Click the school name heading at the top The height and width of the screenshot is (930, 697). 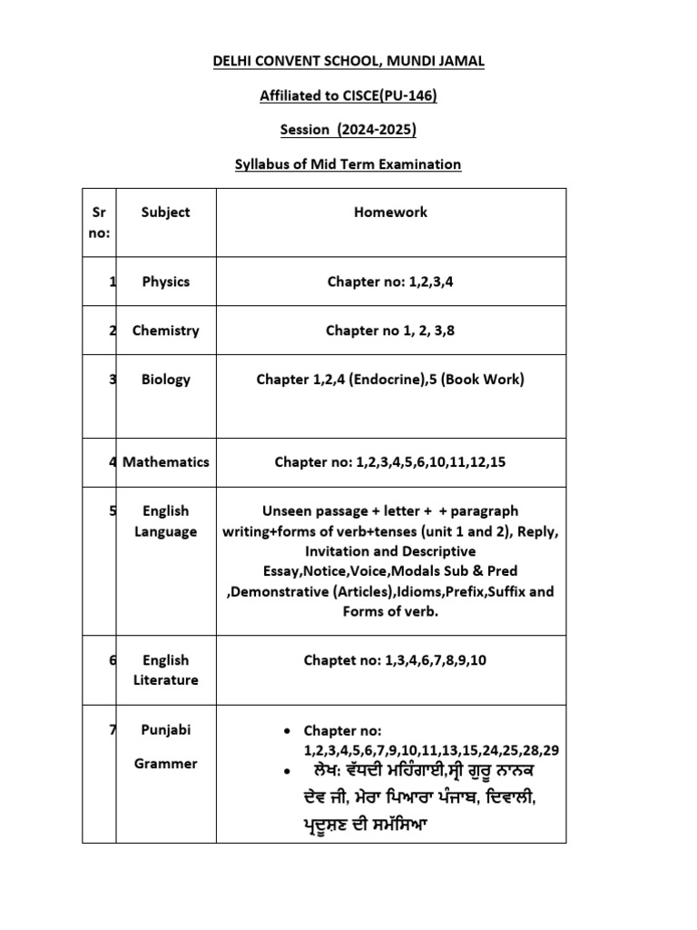click(x=348, y=61)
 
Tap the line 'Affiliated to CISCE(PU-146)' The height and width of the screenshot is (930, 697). click(x=348, y=95)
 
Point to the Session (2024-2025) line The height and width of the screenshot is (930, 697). click(x=348, y=130)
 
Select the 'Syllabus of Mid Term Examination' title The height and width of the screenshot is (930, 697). click(x=348, y=164)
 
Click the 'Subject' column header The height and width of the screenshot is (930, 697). click(x=165, y=212)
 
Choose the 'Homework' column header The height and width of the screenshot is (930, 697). click(x=390, y=212)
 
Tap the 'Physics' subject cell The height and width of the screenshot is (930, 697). click(x=165, y=282)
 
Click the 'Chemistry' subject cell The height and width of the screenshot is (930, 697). click(x=165, y=331)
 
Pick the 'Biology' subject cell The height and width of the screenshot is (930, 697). click(x=165, y=380)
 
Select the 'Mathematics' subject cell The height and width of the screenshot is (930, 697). click(x=165, y=461)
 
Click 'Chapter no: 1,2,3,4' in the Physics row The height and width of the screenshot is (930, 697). click(x=390, y=282)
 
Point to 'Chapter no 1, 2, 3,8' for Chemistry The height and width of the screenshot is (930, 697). click(x=390, y=331)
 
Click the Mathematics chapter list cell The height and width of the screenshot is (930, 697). click(x=390, y=461)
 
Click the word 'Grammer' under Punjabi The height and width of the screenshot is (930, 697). click(x=165, y=764)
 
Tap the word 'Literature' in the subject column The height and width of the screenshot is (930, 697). click(x=165, y=680)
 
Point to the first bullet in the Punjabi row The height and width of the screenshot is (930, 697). click(x=287, y=731)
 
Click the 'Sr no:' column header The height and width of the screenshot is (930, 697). click(x=99, y=222)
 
